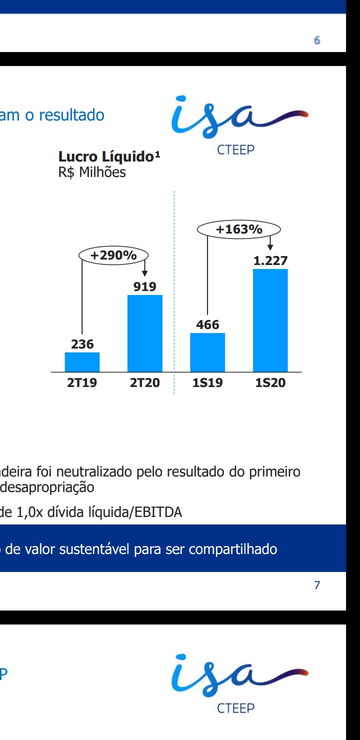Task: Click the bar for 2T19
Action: coord(82,362)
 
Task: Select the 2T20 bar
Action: coord(145,333)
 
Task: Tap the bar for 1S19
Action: coord(207,352)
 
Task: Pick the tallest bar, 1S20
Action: coord(270,320)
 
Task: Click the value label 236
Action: coord(82,344)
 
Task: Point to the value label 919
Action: coord(144,287)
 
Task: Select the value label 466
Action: coord(207,325)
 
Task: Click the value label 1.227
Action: coord(270,261)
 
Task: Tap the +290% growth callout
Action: coord(113,255)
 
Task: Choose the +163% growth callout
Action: coord(239,229)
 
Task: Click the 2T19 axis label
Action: coord(82,383)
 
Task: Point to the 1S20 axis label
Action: coord(270,383)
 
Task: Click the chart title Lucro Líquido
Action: coord(109,157)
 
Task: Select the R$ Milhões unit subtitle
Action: coord(92,172)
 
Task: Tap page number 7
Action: coord(316,585)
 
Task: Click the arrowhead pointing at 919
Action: coord(144,273)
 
